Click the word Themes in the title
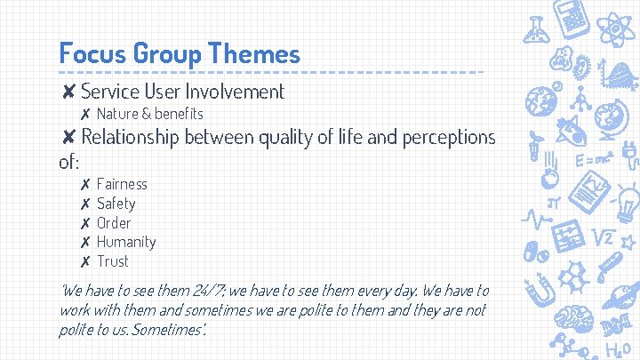(x=253, y=53)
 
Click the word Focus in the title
(x=92, y=53)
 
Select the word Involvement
(x=237, y=91)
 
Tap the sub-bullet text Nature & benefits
(x=149, y=114)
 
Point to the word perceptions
(x=448, y=137)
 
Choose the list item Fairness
(x=122, y=184)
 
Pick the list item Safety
(x=116, y=204)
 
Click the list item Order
(x=114, y=223)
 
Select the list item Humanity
(x=126, y=242)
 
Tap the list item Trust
(x=113, y=261)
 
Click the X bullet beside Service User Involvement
(x=68, y=92)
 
